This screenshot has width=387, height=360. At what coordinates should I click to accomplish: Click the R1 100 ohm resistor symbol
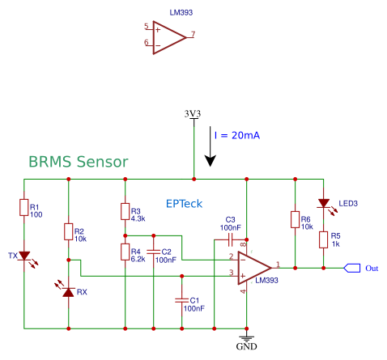point(24,207)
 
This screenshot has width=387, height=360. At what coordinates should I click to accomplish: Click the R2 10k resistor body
point(68,231)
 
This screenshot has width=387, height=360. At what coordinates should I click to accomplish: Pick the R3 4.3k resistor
point(125,211)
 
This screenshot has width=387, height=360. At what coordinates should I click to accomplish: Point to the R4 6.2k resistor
point(125,252)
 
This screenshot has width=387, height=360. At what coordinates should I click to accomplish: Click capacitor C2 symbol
point(154,252)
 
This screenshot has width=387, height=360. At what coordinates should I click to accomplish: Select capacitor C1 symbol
point(182,300)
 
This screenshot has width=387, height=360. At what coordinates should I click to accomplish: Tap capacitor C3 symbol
point(231,239)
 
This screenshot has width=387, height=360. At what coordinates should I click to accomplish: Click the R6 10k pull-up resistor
point(295,219)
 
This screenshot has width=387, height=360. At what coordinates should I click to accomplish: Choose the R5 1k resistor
point(323,239)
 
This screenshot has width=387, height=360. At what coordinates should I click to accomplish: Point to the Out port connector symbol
point(352,268)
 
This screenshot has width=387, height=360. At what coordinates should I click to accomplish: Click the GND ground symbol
point(246,337)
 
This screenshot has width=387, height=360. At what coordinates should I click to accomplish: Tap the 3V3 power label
point(193,113)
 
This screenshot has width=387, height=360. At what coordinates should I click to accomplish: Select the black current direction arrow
point(210,146)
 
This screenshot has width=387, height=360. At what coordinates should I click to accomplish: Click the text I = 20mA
point(237,135)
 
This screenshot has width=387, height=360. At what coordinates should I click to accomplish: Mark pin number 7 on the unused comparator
point(193,34)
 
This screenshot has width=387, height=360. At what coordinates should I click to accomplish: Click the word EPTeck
point(184,204)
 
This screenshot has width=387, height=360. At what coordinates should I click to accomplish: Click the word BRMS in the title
point(50,162)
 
